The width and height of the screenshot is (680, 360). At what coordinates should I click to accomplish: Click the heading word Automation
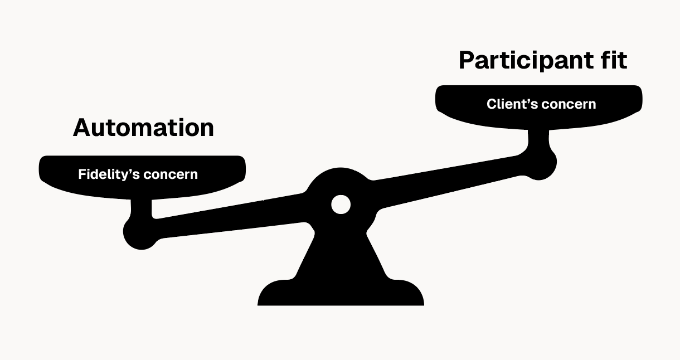click(x=144, y=128)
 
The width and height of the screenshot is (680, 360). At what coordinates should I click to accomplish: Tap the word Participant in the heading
click(x=526, y=61)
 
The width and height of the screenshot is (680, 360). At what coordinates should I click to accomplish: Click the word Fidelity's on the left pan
click(x=109, y=174)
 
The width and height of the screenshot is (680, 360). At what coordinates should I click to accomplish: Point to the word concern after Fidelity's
click(x=171, y=174)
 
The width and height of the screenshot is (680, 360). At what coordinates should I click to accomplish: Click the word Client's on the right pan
click(x=512, y=104)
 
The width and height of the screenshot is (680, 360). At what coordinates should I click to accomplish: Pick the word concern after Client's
click(x=569, y=104)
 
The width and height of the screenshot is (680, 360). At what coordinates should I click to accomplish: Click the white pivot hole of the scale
click(x=341, y=205)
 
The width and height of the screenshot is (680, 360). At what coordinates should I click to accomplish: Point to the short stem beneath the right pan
click(x=538, y=138)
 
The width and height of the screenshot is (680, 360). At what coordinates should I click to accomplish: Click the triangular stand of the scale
click(x=341, y=255)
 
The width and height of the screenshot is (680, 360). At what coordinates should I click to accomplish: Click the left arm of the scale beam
click(x=231, y=217)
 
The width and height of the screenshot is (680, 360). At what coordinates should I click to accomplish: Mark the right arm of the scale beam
click(x=449, y=182)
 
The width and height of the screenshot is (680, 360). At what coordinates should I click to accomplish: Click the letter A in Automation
click(x=82, y=128)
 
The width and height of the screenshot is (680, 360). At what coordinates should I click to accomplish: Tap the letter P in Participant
click(x=468, y=60)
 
